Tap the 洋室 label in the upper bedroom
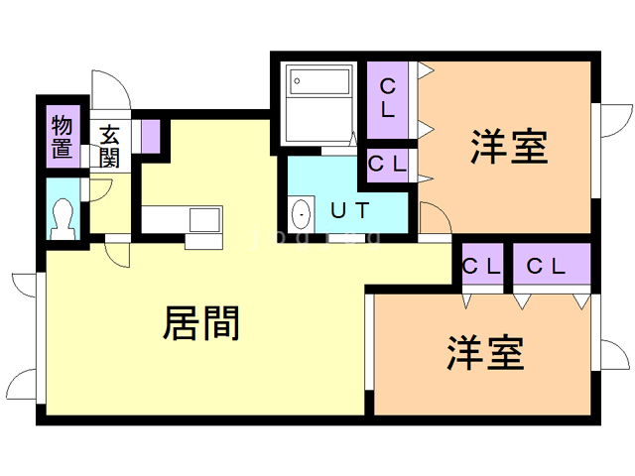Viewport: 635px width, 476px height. [x=508, y=149]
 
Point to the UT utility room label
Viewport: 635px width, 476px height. [x=350, y=210]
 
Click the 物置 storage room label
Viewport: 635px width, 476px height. [x=63, y=137]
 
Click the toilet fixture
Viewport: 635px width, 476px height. [x=62, y=216]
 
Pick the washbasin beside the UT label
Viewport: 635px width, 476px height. [x=300, y=211]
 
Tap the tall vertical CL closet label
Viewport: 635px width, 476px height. [x=388, y=97]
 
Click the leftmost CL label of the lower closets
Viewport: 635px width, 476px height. [x=481, y=266]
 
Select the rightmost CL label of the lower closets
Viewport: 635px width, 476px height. [x=547, y=266]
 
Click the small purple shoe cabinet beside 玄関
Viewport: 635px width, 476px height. [x=150, y=134]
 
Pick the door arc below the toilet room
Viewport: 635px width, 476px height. [x=117, y=253]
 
